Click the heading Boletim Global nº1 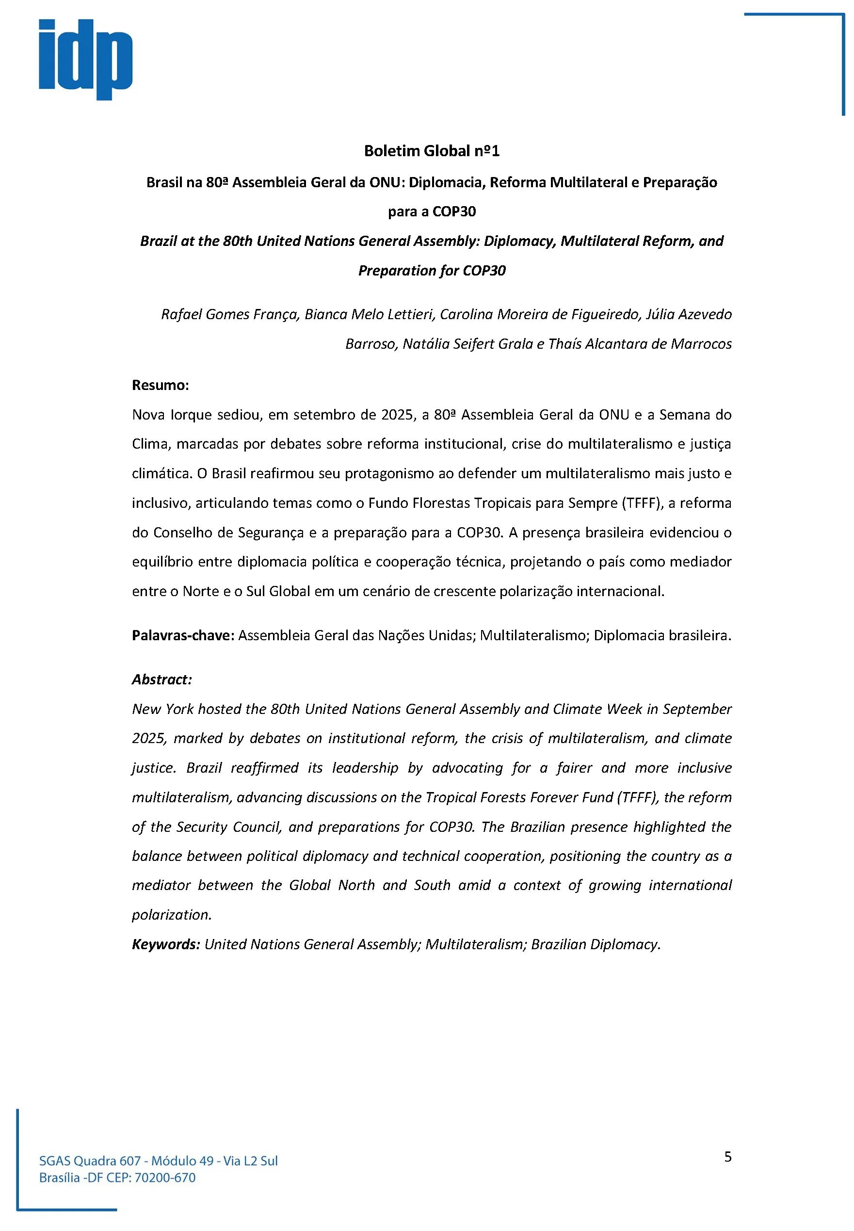pyautogui.click(x=431, y=151)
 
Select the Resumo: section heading pyautogui.click(x=160, y=386)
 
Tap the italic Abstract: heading pyautogui.click(x=161, y=679)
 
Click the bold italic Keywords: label pyautogui.click(x=166, y=944)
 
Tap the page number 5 pyautogui.click(x=728, y=1157)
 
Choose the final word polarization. pyautogui.click(x=171, y=915)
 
